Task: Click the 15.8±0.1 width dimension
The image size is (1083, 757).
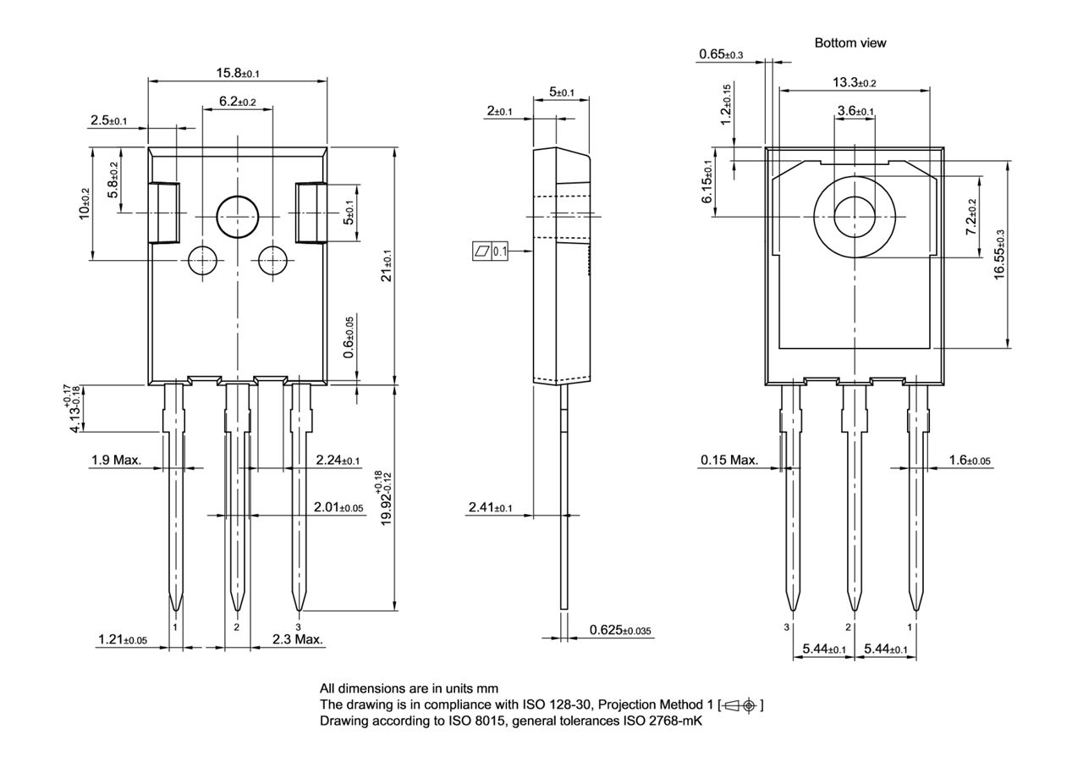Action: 237,73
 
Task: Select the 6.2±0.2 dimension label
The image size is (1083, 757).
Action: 237,101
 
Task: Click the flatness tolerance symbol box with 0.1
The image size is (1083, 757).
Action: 489,251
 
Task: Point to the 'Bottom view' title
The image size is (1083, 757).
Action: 850,42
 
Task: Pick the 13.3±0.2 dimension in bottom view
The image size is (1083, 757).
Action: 854,82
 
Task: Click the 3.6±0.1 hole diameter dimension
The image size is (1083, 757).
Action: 855,111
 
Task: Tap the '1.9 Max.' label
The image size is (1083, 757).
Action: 117,461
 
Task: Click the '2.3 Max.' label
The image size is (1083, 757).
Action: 298,639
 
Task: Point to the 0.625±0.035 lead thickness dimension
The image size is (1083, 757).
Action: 620,631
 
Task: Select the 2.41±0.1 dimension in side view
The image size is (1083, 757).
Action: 490,507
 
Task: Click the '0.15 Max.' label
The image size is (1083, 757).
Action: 728,461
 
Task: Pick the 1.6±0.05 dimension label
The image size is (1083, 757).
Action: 970,461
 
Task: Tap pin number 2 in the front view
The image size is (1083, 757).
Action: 237,627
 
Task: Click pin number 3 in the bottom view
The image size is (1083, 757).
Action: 787,627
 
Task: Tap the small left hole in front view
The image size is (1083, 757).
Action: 201,260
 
